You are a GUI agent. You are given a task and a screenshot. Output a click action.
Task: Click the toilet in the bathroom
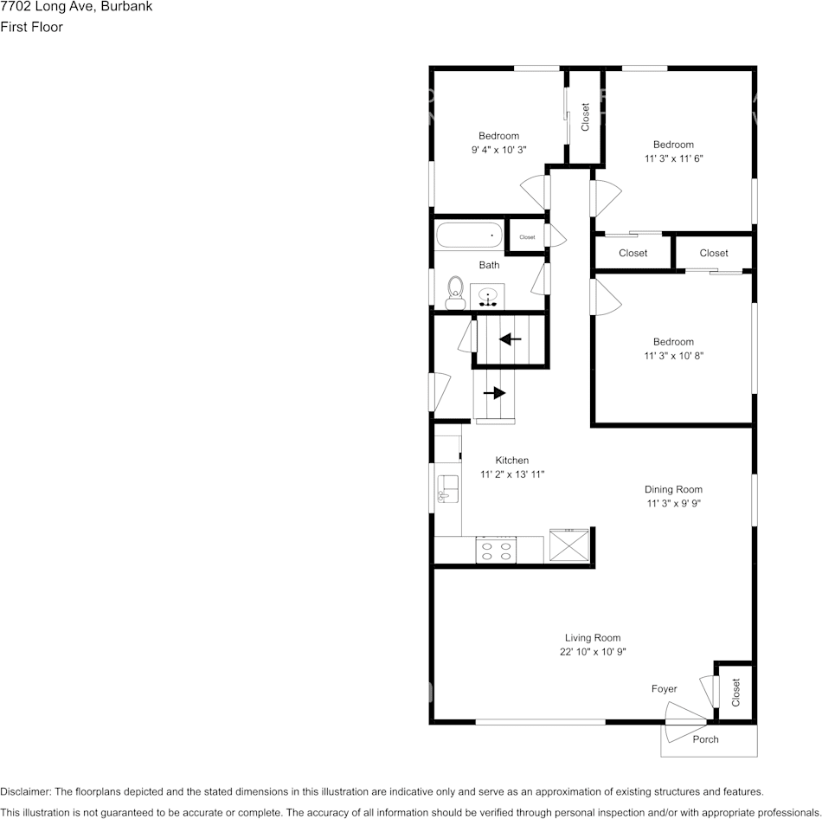[453, 293]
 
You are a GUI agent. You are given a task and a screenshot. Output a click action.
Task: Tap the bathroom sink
[490, 297]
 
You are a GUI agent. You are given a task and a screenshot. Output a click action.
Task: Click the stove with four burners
[496, 551]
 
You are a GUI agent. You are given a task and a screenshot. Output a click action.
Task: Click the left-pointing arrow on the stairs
[511, 339]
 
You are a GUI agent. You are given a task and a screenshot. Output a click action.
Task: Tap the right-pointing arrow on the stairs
[494, 392]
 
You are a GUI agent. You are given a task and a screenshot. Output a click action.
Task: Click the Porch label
[705, 739]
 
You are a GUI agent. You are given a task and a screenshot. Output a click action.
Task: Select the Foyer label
[664, 689]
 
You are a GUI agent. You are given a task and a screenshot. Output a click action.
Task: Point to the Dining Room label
[673, 489]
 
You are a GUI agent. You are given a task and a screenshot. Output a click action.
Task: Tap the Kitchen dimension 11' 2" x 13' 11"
[511, 474]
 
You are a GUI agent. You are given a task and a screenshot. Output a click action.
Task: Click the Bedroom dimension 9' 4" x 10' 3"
[498, 150]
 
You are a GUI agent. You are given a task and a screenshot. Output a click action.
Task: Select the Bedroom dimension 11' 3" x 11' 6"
[673, 158]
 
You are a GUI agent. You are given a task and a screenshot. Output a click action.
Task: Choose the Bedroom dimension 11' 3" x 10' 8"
[673, 356]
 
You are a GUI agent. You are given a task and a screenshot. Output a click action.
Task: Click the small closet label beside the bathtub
[527, 237]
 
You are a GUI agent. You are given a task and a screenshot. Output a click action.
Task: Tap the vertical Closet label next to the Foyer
[736, 693]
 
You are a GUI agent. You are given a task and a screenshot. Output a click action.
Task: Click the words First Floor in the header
[32, 27]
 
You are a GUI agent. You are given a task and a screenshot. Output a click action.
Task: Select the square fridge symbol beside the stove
[570, 545]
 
